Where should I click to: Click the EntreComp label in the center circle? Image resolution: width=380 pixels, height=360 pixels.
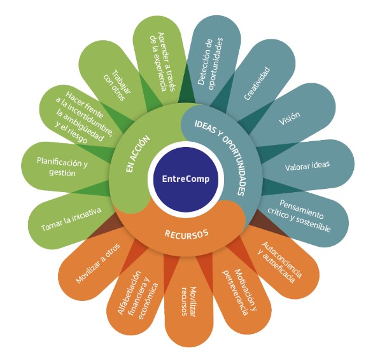186,179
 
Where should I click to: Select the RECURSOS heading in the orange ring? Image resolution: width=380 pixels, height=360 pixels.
186,234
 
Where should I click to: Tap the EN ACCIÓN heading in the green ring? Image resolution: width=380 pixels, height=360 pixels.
137,154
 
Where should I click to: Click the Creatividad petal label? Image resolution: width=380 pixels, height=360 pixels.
257,83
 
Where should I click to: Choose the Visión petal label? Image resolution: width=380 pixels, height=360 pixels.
290,118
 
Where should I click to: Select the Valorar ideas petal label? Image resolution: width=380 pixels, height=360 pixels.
307,166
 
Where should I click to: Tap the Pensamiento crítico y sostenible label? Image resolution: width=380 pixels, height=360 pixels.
300,216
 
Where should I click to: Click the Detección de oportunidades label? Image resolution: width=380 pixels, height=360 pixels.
210,63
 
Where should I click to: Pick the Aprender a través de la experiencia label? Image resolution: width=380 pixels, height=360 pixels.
162,62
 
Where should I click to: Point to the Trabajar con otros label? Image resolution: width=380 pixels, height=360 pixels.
117,85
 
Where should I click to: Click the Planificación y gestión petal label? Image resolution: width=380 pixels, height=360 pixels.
62,167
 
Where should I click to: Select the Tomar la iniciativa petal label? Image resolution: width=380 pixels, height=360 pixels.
71,219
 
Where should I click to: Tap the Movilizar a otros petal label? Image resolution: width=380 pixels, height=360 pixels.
97,263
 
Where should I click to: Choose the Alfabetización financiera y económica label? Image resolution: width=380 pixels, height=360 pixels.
137,295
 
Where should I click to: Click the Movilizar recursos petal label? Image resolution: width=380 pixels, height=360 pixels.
189,301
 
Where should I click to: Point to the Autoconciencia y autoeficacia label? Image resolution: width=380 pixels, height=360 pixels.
279,262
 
